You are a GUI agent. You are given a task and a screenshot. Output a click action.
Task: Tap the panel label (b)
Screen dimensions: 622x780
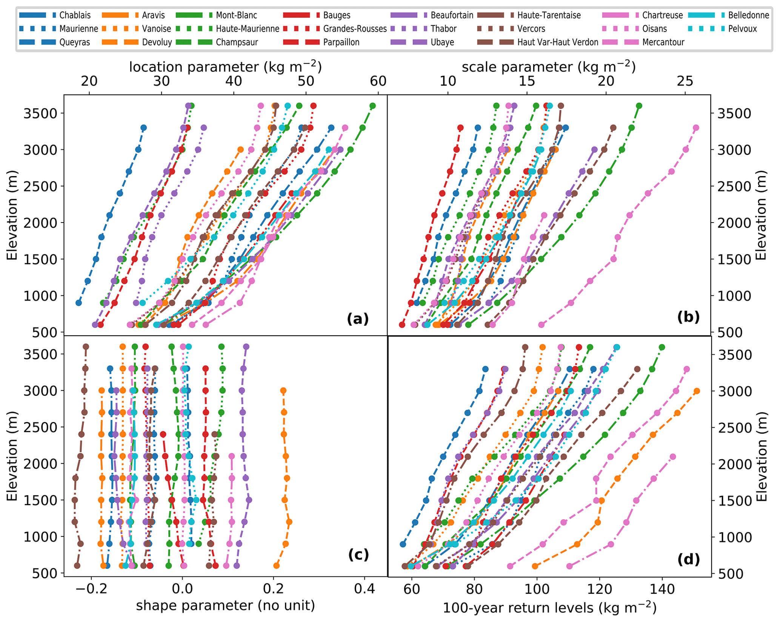pyautogui.click(x=688, y=317)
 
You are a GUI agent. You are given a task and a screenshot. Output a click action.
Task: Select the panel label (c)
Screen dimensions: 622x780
pyautogui.click(x=358, y=554)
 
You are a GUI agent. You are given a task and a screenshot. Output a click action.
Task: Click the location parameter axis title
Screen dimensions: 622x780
pyautogui.click(x=225, y=67)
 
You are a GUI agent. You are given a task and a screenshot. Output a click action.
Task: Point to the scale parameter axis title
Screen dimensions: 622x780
pyautogui.click(x=549, y=67)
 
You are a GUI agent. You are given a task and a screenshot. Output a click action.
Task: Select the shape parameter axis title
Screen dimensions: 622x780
pyautogui.click(x=225, y=605)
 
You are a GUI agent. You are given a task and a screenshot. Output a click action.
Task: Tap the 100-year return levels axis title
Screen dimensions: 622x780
pyautogui.click(x=549, y=608)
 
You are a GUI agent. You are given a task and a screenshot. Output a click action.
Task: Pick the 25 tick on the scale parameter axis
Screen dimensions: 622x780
pyautogui.click(x=685, y=81)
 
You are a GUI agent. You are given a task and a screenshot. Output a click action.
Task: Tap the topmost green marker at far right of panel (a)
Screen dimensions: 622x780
pyautogui.click(x=372, y=106)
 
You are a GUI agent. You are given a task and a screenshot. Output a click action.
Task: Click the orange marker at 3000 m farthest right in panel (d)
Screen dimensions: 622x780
pyautogui.click(x=697, y=391)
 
